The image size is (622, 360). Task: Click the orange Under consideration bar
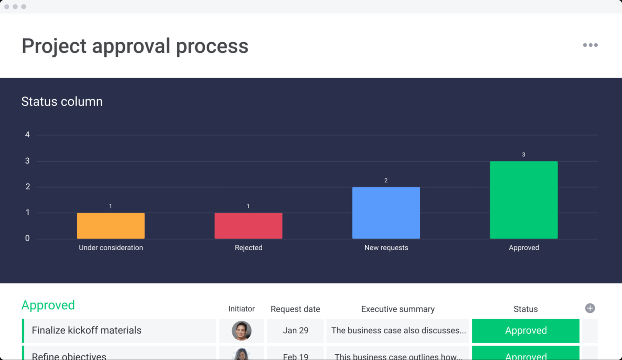click(111, 226)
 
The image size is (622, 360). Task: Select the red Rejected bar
click(248, 226)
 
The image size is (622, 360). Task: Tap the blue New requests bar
click(386, 213)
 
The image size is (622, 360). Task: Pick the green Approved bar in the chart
click(524, 200)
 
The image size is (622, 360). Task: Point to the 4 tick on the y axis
click(28, 135)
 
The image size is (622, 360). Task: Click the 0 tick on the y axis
click(28, 238)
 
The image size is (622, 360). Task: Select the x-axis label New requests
click(386, 248)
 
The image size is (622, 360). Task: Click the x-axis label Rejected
click(248, 248)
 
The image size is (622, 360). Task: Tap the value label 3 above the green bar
click(523, 155)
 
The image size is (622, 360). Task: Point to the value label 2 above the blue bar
click(386, 180)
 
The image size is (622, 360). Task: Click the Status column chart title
click(62, 102)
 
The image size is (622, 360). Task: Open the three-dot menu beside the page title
click(590, 45)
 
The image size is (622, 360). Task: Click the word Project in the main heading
click(54, 46)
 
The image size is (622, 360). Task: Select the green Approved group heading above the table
click(48, 305)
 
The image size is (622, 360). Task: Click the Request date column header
click(295, 309)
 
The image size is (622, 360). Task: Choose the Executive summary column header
click(398, 309)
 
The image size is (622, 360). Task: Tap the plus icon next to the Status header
click(590, 308)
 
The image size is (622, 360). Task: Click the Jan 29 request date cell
click(295, 331)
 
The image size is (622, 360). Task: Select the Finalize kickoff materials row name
click(87, 331)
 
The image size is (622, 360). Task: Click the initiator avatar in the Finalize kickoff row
click(242, 331)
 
